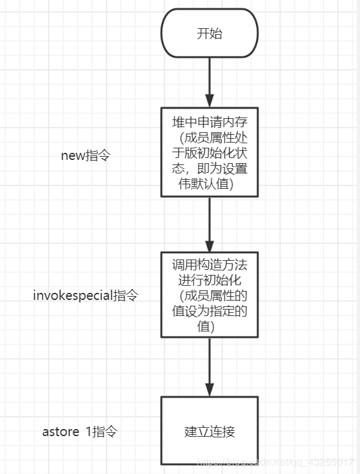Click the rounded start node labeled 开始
(209, 33)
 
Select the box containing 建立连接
(209, 431)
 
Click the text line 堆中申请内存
(209, 123)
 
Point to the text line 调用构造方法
(209, 266)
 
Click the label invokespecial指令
(85, 296)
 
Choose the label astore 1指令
(80, 432)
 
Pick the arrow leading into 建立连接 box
(209, 367)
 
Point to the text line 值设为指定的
(209, 312)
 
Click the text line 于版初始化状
(209, 154)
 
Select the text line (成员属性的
(212, 296)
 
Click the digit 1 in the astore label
(88, 432)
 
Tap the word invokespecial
(73, 296)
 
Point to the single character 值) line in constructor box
(205, 326)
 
